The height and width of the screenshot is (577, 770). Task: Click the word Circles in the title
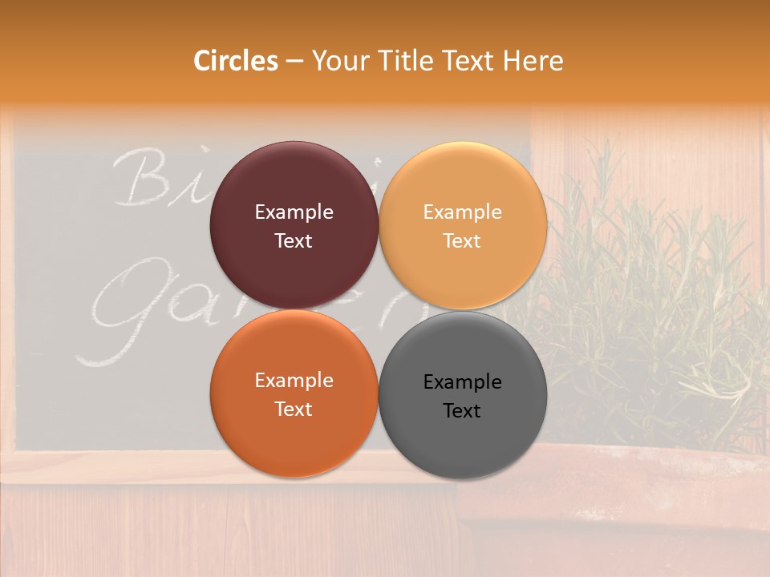click(236, 61)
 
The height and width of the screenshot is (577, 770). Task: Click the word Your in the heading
click(337, 61)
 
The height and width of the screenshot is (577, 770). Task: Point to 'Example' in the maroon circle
click(294, 212)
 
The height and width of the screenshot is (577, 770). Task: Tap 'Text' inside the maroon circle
click(294, 241)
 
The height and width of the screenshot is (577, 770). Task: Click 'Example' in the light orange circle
click(463, 212)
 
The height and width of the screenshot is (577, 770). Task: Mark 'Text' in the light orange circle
click(463, 241)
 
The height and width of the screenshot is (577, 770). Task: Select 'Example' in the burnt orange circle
click(294, 381)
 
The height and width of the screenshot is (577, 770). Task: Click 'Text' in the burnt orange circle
click(294, 410)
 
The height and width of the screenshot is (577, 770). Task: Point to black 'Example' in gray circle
click(463, 382)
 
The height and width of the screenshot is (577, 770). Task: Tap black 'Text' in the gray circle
click(463, 411)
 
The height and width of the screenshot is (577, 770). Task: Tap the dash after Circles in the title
click(294, 62)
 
